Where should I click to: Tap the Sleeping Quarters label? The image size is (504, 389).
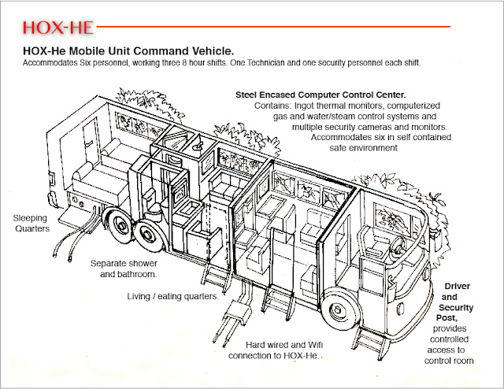[x=31, y=222]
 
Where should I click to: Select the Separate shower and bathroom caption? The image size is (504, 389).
[x=124, y=269]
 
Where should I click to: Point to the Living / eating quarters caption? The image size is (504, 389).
[x=172, y=296]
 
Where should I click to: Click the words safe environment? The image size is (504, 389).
[x=370, y=147]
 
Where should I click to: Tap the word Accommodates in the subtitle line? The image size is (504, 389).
[x=56, y=63]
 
